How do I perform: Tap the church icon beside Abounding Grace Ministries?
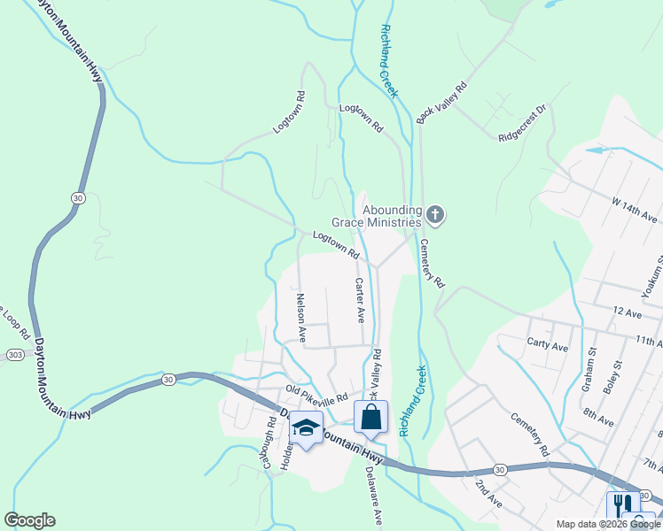pyautogui.click(x=434, y=213)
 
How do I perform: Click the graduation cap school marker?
pyautogui.click(x=306, y=428)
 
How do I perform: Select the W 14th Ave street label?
pyautogui.click(x=633, y=209)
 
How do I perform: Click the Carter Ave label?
pyautogui.click(x=359, y=300)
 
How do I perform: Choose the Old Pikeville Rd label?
pyautogui.click(x=316, y=395)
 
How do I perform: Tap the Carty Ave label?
pyautogui.click(x=547, y=347)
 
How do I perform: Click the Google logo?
pyautogui.click(x=29, y=520)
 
